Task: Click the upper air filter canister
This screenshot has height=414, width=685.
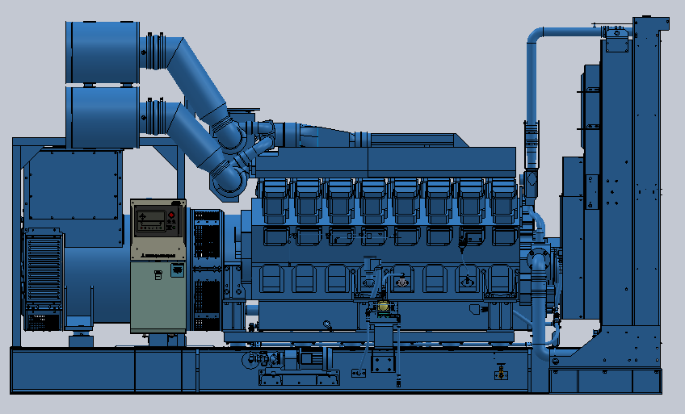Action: [x=102, y=51]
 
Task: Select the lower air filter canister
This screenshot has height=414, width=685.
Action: [x=102, y=117]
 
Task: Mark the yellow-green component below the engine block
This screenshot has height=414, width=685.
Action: [x=384, y=307]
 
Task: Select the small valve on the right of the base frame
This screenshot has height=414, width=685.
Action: [x=502, y=373]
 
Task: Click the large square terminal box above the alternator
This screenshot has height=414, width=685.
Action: [x=72, y=186]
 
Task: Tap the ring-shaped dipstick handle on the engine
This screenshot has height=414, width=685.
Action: [x=327, y=325]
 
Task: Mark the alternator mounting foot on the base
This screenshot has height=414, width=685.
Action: [x=80, y=338]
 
